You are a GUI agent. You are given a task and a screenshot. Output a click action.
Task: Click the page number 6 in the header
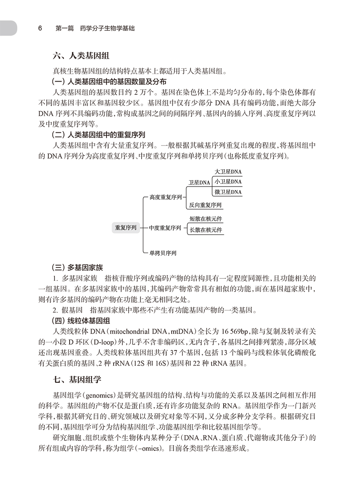pyautogui.click(x=40, y=28)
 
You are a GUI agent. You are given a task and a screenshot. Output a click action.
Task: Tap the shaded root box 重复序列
pyautogui.click(x=126, y=228)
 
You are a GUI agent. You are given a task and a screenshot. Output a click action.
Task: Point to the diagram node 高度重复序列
pyautogui.click(x=165, y=197)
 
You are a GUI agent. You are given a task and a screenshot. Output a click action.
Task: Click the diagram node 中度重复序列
pyautogui.click(x=165, y=228)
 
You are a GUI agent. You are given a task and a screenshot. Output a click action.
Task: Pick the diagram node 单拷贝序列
pyautogui.click(x=163, y=253)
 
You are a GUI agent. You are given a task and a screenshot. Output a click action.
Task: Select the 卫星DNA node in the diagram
pyautogui.click(x=199, y=182)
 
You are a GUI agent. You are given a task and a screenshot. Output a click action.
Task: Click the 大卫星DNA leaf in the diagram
pyautogui.click(x=228, y=172)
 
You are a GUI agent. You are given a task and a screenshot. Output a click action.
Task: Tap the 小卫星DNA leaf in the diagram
pyautogui.click(x=228, y=182)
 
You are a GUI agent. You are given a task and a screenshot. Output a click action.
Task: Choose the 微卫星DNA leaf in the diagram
pyautogui.click(x=228, y=192)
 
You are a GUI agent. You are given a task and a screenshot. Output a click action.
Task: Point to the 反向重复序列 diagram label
pyautogui.click(x=206, y=205)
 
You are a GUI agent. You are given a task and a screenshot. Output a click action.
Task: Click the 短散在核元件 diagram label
pyautogui.click(x=206, y=219)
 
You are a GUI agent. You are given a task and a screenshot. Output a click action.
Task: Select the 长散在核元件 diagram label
pyautogui.click(x=206, y=230)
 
